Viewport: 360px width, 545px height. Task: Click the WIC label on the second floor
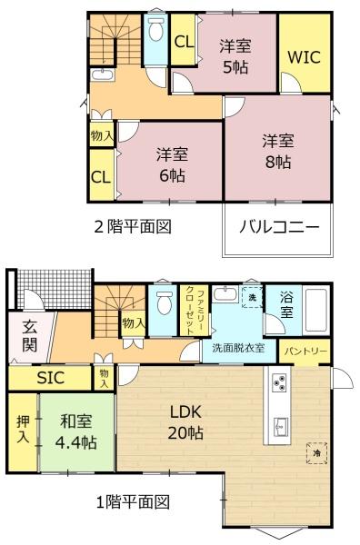pos(304,57)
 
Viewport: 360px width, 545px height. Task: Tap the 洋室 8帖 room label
pos(277,152)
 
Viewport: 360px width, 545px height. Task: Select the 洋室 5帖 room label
pos(235,56)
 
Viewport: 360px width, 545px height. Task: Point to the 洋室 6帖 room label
pos(172,164)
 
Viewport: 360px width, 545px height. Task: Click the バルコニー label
pos(279,227)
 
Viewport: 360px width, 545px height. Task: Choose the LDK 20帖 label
pos(185,422)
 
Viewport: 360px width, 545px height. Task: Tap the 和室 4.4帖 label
pos(76,432)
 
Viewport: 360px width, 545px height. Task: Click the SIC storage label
pos(51,378)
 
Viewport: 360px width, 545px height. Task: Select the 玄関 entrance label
pos(29,336)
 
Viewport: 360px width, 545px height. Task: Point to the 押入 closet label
pos(23,429)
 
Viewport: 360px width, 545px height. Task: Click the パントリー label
pos(305,351)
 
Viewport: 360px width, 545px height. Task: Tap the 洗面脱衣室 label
pos(238,348)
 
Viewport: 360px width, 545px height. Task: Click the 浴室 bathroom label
pos(286,305)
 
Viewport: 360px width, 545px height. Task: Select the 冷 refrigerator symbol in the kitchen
pos(316,453)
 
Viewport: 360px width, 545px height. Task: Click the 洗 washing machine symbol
pos(252,297)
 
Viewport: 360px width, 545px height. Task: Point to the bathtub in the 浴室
pos(315,310)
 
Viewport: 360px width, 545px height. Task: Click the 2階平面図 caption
pos(134,227)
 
